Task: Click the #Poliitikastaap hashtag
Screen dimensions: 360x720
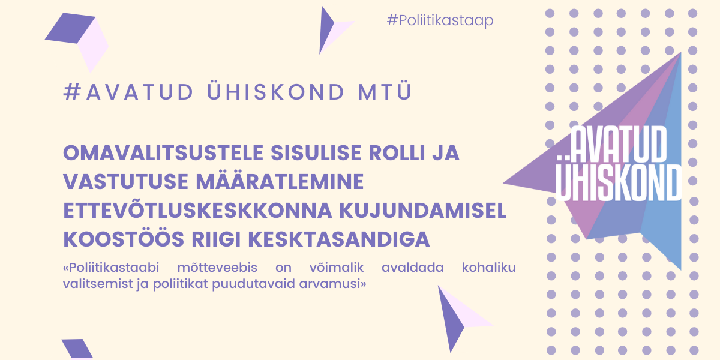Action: (440, 20)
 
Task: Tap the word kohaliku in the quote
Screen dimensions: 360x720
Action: (489, 268)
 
